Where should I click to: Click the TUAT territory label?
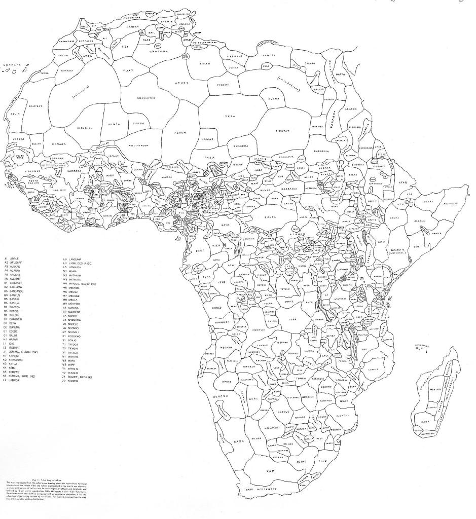click(x=128, y=70)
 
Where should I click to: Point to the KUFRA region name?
click(x=274, y=99)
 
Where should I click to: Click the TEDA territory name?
click(x=231, y=117)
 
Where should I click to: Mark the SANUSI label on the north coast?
click(x=268, y=55)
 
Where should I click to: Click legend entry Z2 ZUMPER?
click(x=72, y=381)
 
